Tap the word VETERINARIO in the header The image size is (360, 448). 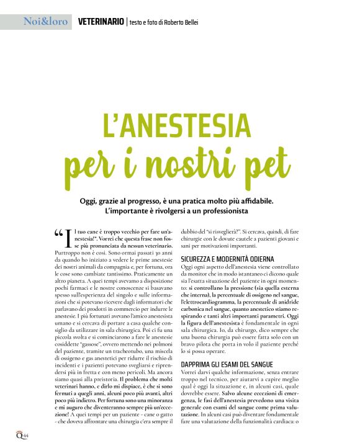(101, 22)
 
